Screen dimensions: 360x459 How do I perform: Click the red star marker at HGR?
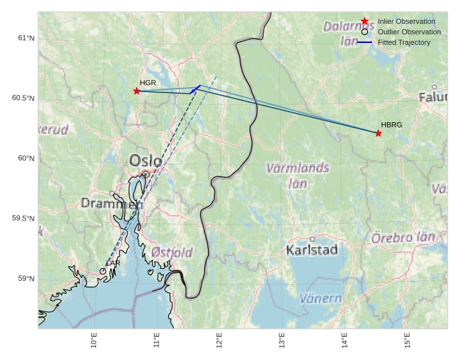[137, 90]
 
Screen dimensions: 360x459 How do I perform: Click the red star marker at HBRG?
[378, 133]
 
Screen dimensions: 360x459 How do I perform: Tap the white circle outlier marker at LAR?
[103, 271]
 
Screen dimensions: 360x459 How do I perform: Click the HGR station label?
[148, 83]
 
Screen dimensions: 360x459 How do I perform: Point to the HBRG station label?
[392, 124]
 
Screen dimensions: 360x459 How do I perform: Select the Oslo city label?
[146, 161]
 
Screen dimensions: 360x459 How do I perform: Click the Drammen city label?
[112, 203]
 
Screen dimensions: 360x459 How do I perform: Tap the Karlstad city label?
[312, 250]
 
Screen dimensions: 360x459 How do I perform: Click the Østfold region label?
[172, 252]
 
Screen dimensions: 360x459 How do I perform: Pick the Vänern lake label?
[321, 299]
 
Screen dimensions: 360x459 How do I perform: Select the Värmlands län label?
[297, 175]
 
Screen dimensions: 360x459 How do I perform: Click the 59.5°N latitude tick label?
[23, 219]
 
